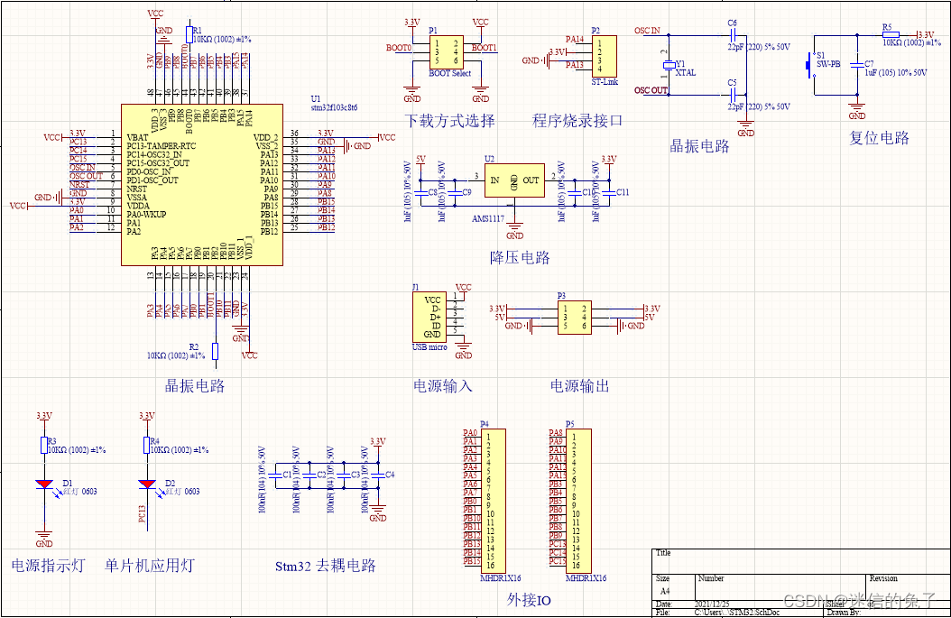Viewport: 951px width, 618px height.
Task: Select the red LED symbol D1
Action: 44,484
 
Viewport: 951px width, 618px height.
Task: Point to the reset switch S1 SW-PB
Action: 808,65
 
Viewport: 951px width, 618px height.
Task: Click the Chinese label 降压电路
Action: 520,258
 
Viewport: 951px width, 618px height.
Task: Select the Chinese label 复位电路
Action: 879,138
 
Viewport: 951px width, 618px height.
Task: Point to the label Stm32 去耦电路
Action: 325,567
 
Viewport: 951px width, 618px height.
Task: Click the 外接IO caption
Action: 529,600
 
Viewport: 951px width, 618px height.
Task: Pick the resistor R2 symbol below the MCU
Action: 215,351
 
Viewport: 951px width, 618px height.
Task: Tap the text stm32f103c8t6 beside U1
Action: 334,107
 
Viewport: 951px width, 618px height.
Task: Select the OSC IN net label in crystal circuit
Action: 647,31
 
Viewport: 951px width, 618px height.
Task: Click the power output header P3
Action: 573,317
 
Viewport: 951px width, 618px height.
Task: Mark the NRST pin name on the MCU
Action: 137,189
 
